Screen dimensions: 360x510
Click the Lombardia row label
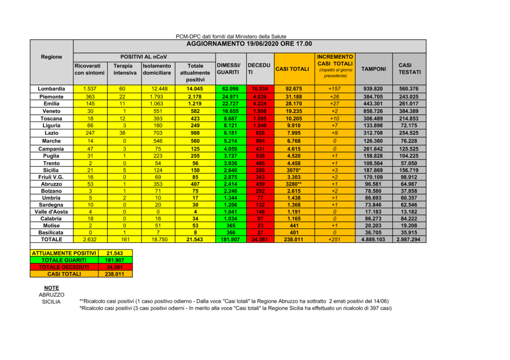pos(52,89)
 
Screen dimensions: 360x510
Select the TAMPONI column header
pos(373,69)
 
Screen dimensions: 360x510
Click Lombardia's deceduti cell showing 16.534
pos(259,89)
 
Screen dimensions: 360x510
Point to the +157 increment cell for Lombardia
pos(335,89)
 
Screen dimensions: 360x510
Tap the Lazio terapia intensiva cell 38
pos(122,133)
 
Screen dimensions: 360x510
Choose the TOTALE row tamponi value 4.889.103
pos(373,239)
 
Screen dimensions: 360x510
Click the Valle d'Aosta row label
pos(52,211)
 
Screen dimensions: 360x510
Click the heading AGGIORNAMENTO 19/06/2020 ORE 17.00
pos(249,44)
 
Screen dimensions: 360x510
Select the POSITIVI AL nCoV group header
pos(143,57)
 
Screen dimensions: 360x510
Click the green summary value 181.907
pos(115,260)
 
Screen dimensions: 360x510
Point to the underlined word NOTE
pos(52,288)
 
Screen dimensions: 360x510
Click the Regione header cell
pos(52,57)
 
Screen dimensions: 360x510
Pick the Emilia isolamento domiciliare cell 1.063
pos(156,104)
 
